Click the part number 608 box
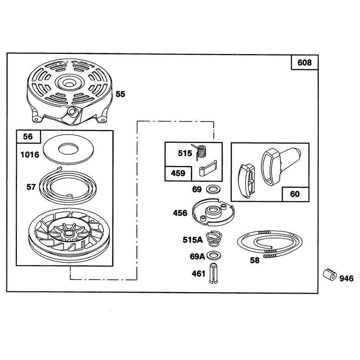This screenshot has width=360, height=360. click(x=305, y=62)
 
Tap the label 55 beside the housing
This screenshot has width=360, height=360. click(x=120, y=94)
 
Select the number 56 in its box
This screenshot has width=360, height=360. click(x=28, y=137)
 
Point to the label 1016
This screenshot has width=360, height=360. click(x=30, y=154)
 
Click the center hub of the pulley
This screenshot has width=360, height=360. click(x=68, y=234)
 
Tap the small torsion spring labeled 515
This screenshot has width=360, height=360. click(x=201, y=152)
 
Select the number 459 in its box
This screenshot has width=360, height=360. click(x=178, y=173)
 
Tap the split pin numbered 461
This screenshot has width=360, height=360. click(x=213, y=273)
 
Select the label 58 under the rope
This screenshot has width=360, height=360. click(x=254, y=260)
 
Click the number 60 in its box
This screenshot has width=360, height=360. click(x=295, y=194)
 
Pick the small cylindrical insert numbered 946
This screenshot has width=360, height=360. click(x=330, y=274)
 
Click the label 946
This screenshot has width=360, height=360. click(x=346, y=279)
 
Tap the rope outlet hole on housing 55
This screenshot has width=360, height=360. click(x=72, y=111)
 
